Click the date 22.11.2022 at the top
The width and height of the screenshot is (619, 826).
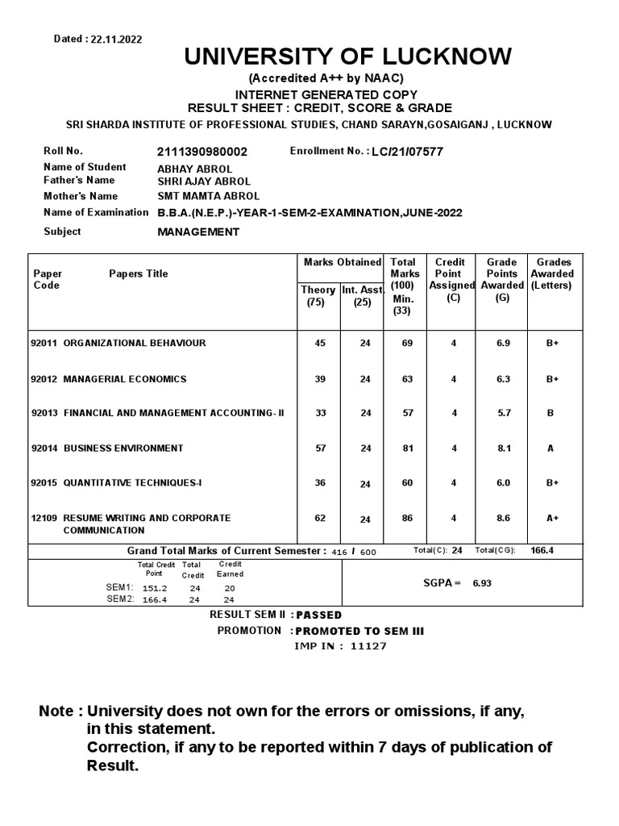coord(116,39)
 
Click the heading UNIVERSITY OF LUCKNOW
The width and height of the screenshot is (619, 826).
coord(347,56)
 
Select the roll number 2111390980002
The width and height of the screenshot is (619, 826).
coord(202,152)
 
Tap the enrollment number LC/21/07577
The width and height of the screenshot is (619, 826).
coord(408,152)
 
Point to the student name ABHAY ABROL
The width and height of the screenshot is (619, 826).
coord(194,169)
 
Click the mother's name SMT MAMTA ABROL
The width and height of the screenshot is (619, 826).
coord(208,196)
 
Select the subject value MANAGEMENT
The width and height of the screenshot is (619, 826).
coord(198,232)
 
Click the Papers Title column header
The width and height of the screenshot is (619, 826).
coord(139,273)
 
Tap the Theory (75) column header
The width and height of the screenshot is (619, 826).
coord(318,296)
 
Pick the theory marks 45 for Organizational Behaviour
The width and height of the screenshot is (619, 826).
coord(320,343)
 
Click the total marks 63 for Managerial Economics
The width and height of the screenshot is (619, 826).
coord(407,379)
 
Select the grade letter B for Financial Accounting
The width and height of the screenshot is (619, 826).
coord(550,413)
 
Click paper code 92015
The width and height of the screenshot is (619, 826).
coord(44,483)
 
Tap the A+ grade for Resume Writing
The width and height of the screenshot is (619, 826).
coord(552,519)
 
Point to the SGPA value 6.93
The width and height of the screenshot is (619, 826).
coord(481,582)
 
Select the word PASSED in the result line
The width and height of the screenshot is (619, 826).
coord(319,615)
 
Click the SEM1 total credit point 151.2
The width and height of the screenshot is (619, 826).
coord(156,587)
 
